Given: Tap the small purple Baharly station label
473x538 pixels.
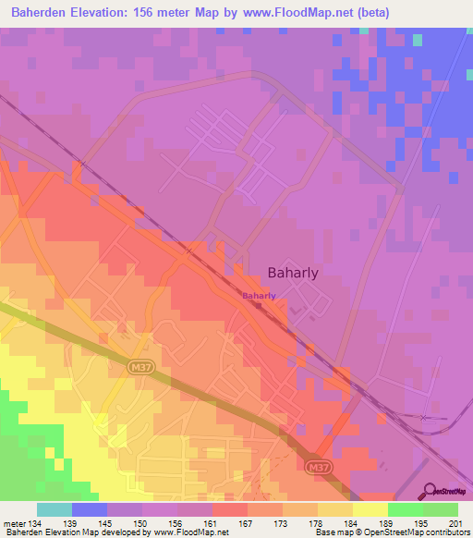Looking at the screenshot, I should [x=259, y=296].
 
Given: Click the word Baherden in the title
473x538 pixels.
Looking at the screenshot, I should [x=42, y=13].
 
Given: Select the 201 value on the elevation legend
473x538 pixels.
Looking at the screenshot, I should [x=455, y=523].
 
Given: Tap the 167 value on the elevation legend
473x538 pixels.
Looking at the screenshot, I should [x=245, y=523].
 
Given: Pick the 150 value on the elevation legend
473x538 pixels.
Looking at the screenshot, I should [x=140, y=523].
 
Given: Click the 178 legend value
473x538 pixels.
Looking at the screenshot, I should [x=315, y=523].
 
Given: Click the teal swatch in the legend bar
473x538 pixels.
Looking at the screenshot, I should [x=55, y=509].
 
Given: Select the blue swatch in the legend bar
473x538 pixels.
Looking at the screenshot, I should [x=90, y=509].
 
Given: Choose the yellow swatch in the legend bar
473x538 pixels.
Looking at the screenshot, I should [x=370, y=509].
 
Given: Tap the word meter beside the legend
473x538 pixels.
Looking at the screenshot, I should [x=13, y=523].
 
